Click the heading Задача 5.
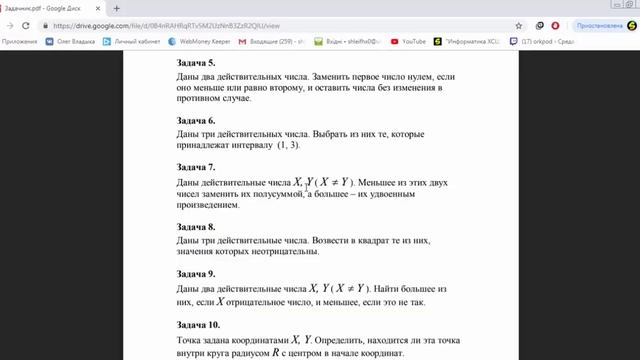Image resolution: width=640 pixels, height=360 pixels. pyautogui.click(x=196, y=63)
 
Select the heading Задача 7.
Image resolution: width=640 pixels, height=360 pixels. pyautogui.click(x=196, y=167)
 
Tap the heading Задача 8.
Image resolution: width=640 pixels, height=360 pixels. pyautogui.click(x=196, y=228)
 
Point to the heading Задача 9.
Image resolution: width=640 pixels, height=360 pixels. pyautogui.click(x=196, y=273)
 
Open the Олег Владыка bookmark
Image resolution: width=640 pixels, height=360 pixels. pyautogui.click(x=67, y=41)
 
